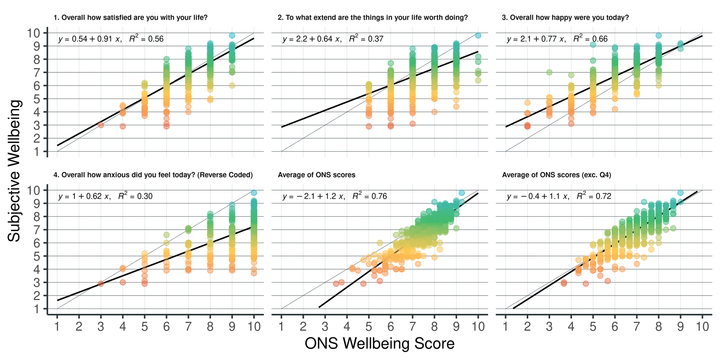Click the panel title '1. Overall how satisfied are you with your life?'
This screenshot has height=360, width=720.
point(130,18)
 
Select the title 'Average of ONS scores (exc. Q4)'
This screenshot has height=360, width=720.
point(557,175)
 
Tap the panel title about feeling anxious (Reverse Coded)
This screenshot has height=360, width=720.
point(153,175)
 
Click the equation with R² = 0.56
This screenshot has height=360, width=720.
point(111,39)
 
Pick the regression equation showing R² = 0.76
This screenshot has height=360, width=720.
point(335,196)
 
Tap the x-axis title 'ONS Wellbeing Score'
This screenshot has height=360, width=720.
point(379,343)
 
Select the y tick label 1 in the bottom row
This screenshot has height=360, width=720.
point(37,309)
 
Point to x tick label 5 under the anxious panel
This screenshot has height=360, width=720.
point(144,327)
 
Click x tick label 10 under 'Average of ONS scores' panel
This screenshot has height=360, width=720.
point(478,327)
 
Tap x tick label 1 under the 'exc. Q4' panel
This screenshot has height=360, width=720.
point(505,327)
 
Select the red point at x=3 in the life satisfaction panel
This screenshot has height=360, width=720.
point(101,125)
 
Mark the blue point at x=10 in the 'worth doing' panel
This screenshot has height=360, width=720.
point(478,35)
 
